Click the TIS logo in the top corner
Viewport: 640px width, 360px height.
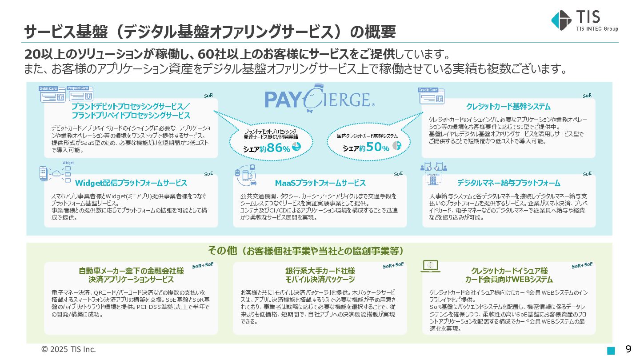click(x=584, y=20)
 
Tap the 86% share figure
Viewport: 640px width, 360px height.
click(x=275, y=148)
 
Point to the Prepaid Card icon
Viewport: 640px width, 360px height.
click(x=80, y=93)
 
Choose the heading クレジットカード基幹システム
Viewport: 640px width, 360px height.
click(x=508, y=107)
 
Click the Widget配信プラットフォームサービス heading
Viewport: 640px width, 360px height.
click(x=131, y=183)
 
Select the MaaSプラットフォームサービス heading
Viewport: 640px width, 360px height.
click(x=320, y=183)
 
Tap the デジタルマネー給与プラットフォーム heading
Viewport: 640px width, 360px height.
click(x=508, y=183)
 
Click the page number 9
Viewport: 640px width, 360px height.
click(x=628, y=349)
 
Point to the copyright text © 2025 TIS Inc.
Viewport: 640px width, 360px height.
click(x=68, y=349)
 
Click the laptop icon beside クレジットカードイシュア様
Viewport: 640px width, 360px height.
click(x=430, y=266)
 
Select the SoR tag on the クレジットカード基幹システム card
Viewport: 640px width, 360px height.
click(x=587, y=96)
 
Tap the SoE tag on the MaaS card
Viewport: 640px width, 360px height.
click(x=398, y=173)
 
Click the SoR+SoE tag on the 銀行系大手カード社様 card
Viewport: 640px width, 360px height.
click(x=393, y=265)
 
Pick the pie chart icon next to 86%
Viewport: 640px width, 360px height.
click(x=296, y=146)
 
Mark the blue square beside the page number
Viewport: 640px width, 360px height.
click(x=611, y=350)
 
